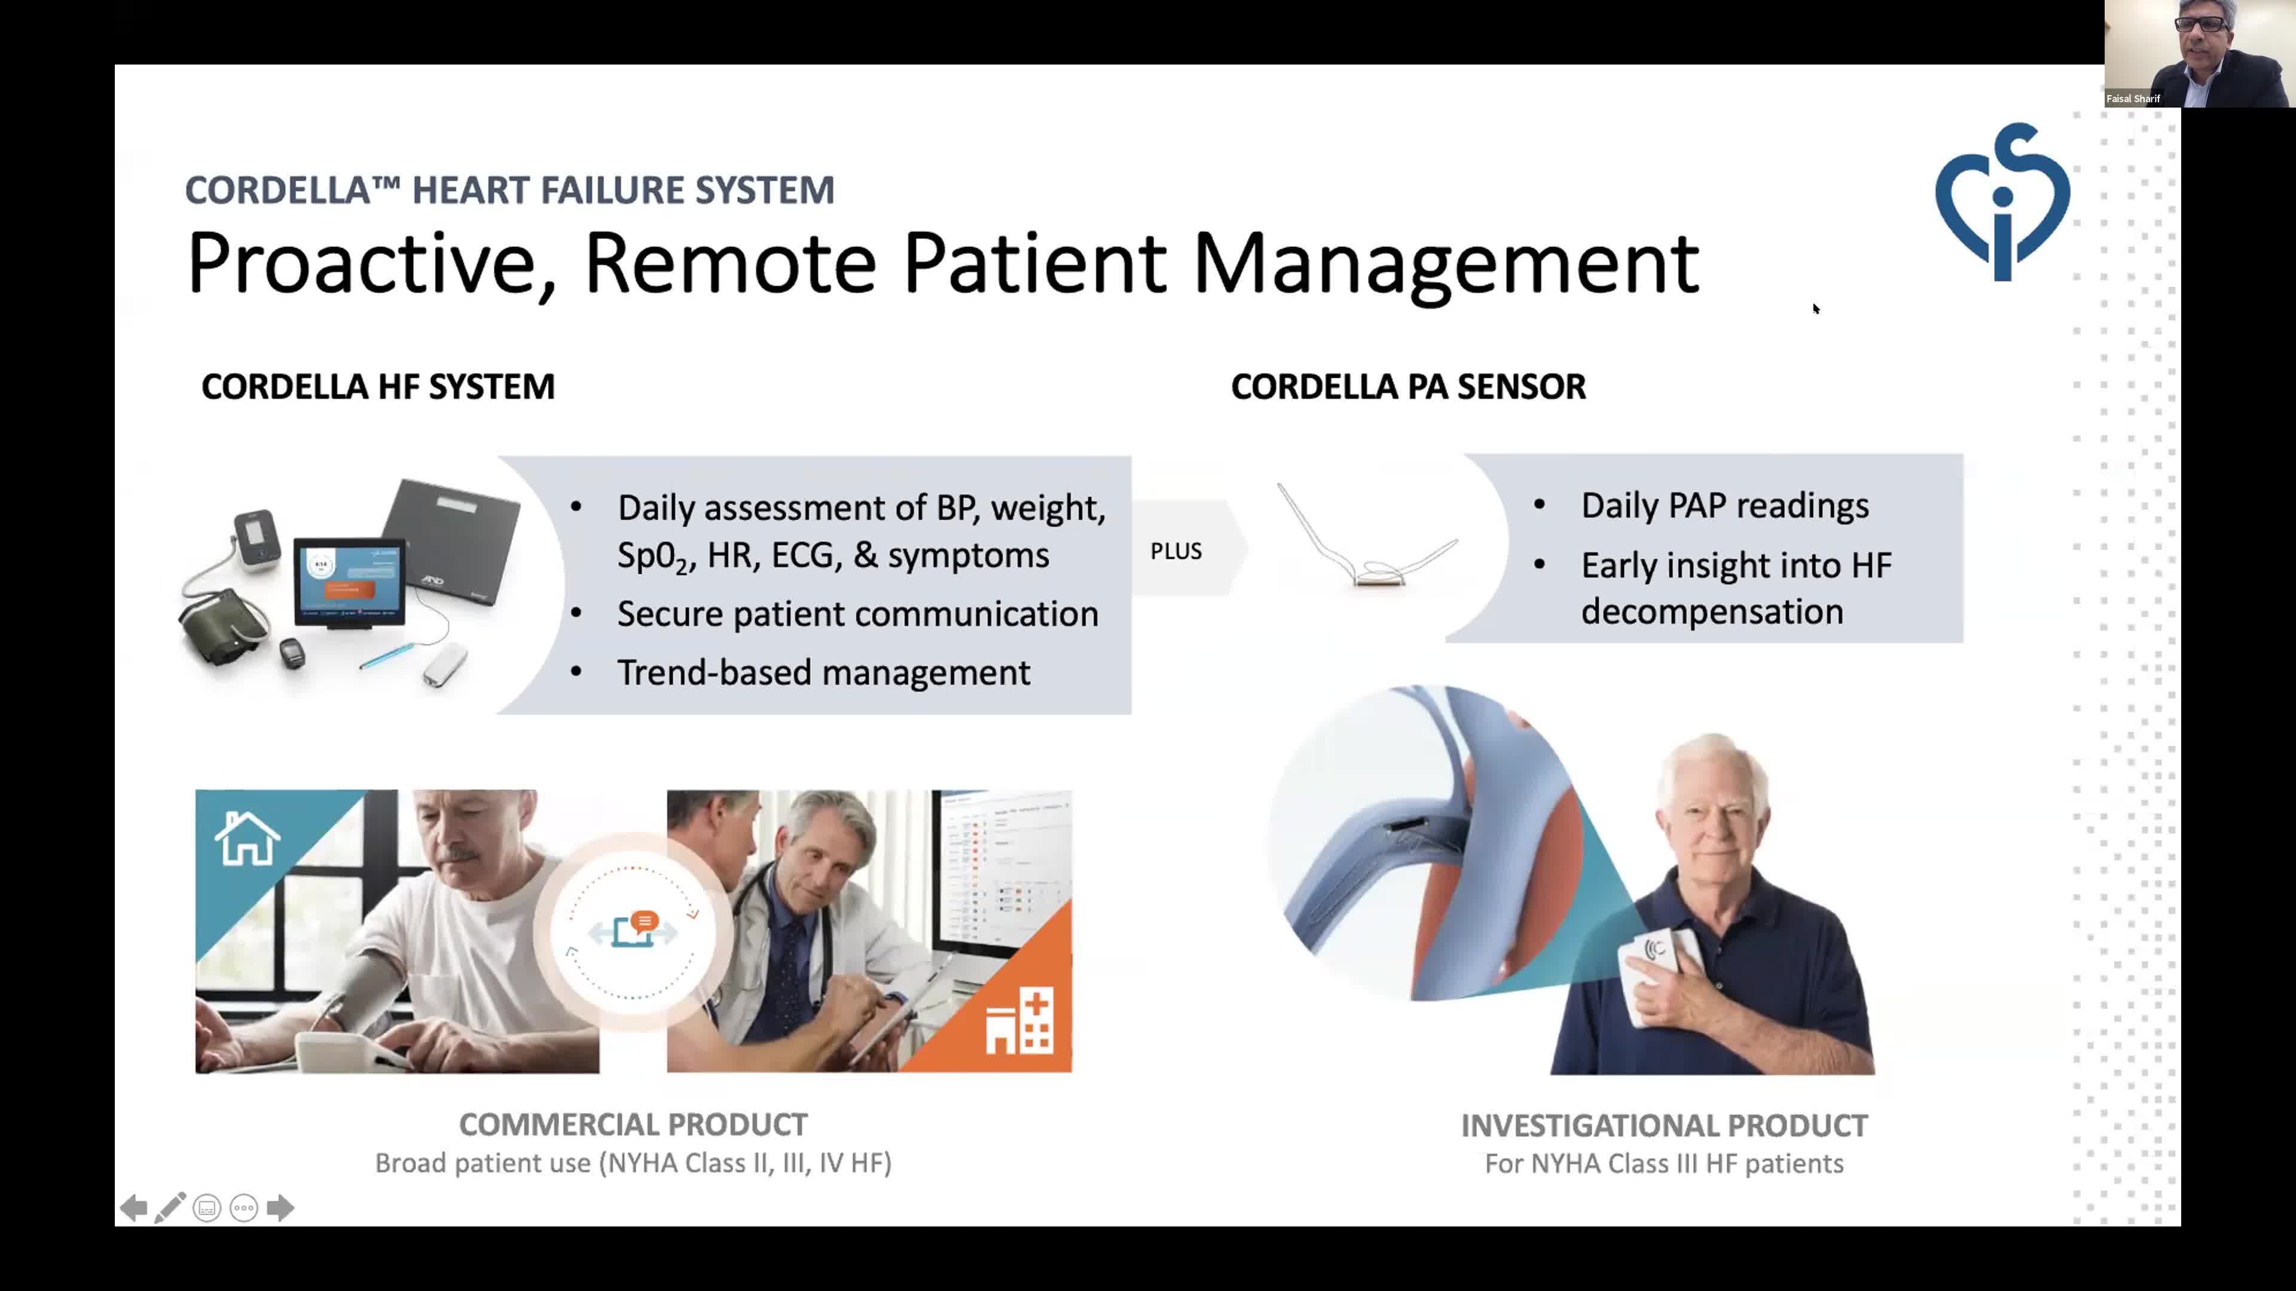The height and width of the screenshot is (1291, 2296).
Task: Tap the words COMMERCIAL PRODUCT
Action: tap(633, 1124)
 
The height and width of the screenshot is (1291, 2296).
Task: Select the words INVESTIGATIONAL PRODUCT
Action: tap(1664, 1125)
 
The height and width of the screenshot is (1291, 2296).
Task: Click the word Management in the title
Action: tap(1446, 264)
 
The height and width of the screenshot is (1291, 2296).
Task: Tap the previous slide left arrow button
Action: tap(134, 1208)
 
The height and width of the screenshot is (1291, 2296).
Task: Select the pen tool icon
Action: tap(170, 1207)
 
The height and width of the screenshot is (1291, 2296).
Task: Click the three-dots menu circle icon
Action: tap(243, 1208)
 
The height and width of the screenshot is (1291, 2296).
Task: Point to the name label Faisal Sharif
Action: tap(2133, 99)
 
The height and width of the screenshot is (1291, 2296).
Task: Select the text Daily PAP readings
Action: tap(1724, 505)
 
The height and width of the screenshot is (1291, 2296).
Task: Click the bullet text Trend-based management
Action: tap(823, 672)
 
